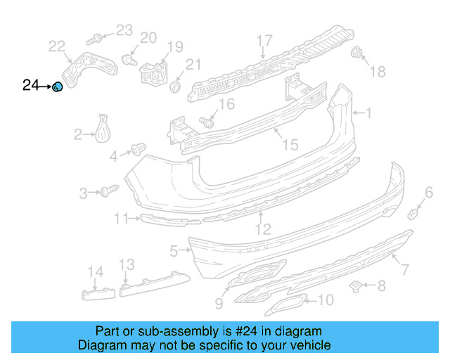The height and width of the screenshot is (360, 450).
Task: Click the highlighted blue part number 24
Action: click(58, 86)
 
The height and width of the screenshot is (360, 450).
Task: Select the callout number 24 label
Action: click(31, 86)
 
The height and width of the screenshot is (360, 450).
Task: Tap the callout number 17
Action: click(264, 40)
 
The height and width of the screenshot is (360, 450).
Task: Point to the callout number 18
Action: click(378, 71)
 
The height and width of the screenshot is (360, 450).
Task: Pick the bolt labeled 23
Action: click(96, 37)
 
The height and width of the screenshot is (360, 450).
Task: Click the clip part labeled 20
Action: click(128, 59)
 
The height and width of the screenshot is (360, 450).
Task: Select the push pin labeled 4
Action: click(138, 149)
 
